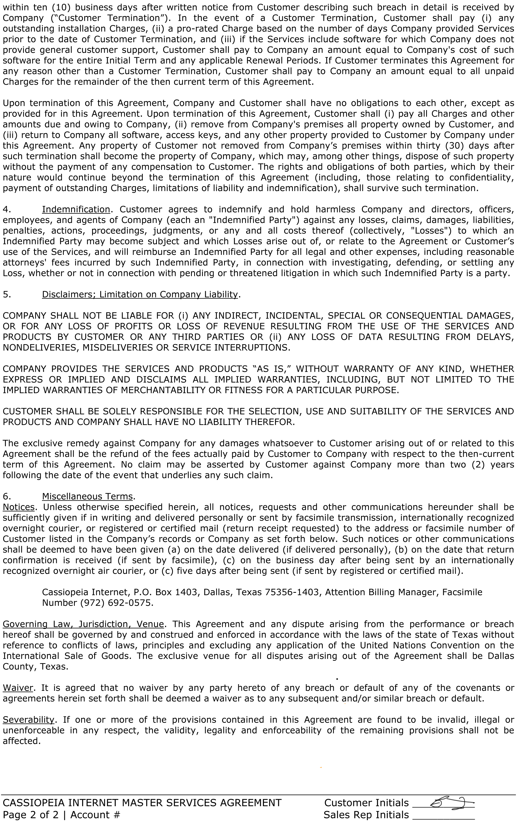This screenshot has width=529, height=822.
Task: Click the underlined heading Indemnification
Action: [x=76, y=209]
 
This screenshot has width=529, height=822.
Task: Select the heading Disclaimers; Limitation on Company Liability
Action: [x=140, y=295]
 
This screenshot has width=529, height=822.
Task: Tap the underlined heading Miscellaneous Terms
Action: [x=87, y=496]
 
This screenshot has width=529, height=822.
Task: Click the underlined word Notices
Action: [x=19, y=507]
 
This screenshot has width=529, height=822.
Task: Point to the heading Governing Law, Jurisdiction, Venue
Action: [x=84, y=624]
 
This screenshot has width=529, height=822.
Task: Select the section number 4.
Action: [x=6, y=209]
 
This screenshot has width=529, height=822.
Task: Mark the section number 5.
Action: [x=6, y=295]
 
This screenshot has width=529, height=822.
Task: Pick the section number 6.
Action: [x=6, y=496]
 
